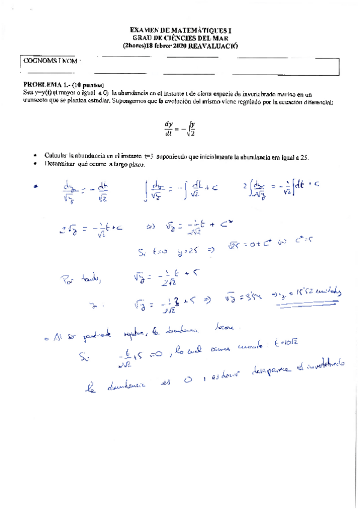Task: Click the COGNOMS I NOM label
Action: (50, 61)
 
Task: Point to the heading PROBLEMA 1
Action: (46, 84)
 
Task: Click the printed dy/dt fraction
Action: (168, 129)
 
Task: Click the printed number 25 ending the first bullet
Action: (304, 156)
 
